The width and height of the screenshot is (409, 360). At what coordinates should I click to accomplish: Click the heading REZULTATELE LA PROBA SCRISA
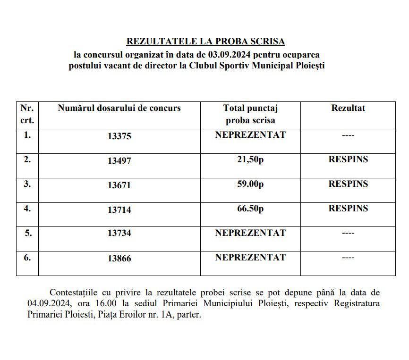click(x=205, y=42)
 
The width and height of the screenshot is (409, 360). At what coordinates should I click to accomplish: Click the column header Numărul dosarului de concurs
click(x=119, y=108)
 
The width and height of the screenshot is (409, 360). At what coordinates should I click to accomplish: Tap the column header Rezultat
click(x=348, y=108)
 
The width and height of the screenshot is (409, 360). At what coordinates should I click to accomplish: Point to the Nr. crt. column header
click(x=27, y=114)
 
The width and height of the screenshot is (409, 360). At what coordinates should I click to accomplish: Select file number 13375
click(x=119, y=136)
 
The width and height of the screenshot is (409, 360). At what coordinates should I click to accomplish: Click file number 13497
click(x=119, y=161)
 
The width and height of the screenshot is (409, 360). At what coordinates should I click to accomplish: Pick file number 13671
click(x=119, y=185)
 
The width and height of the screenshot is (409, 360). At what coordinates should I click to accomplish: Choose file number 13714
click(x=119, y=210)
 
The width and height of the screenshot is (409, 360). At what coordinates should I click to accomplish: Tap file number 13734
click(x=119, y=233)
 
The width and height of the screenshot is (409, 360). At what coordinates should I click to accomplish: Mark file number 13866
click(x=119, y=259)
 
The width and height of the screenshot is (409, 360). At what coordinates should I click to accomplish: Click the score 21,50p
click(x=250, y=159)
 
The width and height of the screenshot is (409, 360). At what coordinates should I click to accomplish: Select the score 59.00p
click(x=250, y=184)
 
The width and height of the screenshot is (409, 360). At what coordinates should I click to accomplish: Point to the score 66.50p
click(x=250, y=209)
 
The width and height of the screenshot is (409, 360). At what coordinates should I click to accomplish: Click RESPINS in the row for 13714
click(x=348, y=209)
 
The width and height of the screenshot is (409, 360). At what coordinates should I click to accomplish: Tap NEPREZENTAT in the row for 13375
click(x=250, y=135)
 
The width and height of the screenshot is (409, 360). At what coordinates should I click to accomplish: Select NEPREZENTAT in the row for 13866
click(x=250, y=258)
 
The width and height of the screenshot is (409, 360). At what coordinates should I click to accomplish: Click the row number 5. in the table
click(x=27, y=233)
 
